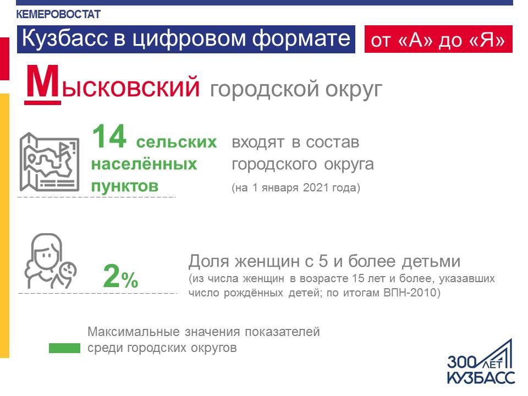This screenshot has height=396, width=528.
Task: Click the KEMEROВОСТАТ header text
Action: (x=58, y=14)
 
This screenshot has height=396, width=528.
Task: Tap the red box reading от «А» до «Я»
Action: (x=438, y=39)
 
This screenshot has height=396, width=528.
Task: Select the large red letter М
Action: (x=42, y=84)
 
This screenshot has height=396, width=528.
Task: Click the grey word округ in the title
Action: (x=354, y=89)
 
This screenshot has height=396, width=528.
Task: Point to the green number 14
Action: (x=109, y=137)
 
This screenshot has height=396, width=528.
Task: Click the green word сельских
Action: (x=177, y=142)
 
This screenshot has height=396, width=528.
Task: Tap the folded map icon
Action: (x=49, y=162)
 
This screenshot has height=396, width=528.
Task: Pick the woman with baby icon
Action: (x=51, y=261)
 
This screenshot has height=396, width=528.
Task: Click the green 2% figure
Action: (x=120, y=277)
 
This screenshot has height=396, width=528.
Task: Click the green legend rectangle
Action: (x=64, y=348)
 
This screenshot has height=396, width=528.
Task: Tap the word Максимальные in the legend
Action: (x=134, y=332)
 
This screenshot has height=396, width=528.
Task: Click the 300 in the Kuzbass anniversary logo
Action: (x=461, y=362)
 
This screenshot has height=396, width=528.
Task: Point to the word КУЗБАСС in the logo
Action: (x=481, y=377)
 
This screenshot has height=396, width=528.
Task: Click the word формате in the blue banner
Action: (x=301, y=38)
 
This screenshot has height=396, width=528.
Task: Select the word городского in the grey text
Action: (x=274, y=164)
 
